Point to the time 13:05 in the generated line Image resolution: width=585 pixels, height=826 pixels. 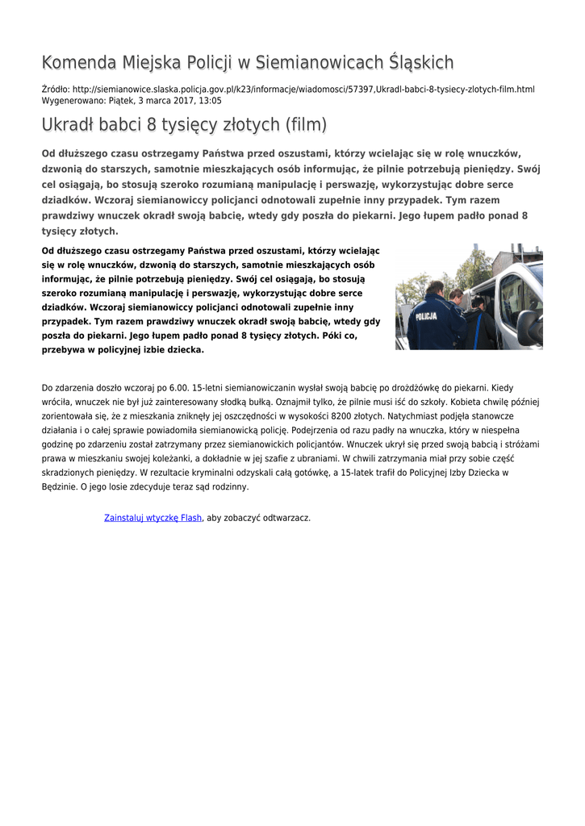210,101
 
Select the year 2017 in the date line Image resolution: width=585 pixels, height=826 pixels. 175,101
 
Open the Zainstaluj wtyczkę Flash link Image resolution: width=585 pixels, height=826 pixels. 153,518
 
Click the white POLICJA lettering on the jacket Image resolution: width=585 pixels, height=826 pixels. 426,317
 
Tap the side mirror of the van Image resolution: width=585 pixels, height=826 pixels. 529,327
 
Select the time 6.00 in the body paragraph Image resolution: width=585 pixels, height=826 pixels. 179,387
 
